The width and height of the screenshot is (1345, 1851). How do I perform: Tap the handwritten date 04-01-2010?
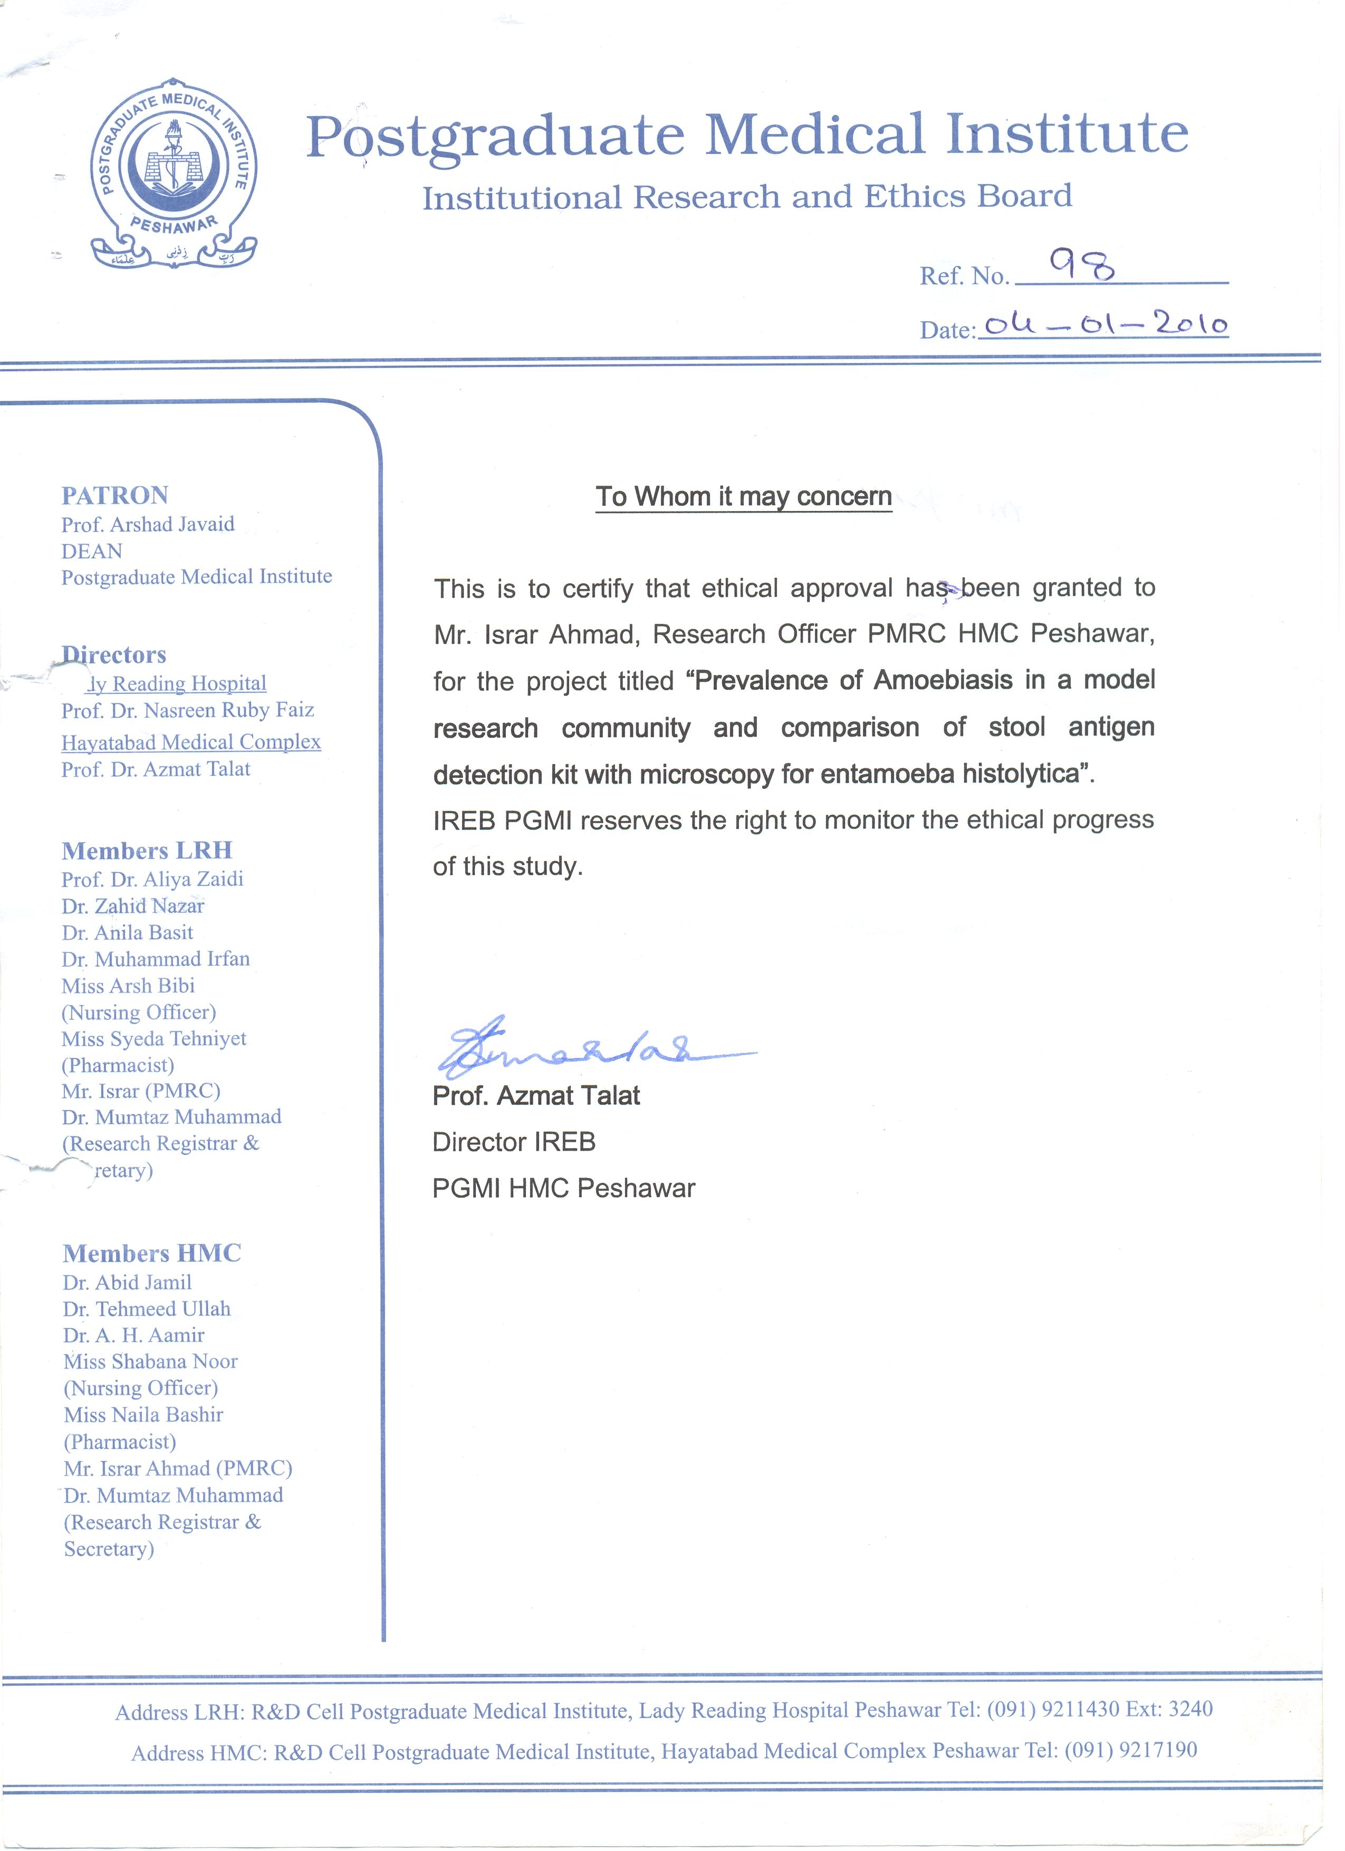coord(1105,325)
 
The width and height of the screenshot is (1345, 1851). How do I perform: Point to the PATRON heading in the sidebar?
coord(115,495)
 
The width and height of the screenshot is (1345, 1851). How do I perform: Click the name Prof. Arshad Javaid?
coord(148,524)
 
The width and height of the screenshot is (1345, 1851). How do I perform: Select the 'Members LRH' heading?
coord(147,851)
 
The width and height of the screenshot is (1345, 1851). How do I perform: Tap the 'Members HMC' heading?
coord(152,1253)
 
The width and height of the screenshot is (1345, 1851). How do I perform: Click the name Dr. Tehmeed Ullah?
coord(147,1308)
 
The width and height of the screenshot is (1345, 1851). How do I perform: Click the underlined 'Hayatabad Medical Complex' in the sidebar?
coord(191,742)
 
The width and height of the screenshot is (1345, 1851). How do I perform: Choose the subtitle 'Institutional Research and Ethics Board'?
coord(747,198)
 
